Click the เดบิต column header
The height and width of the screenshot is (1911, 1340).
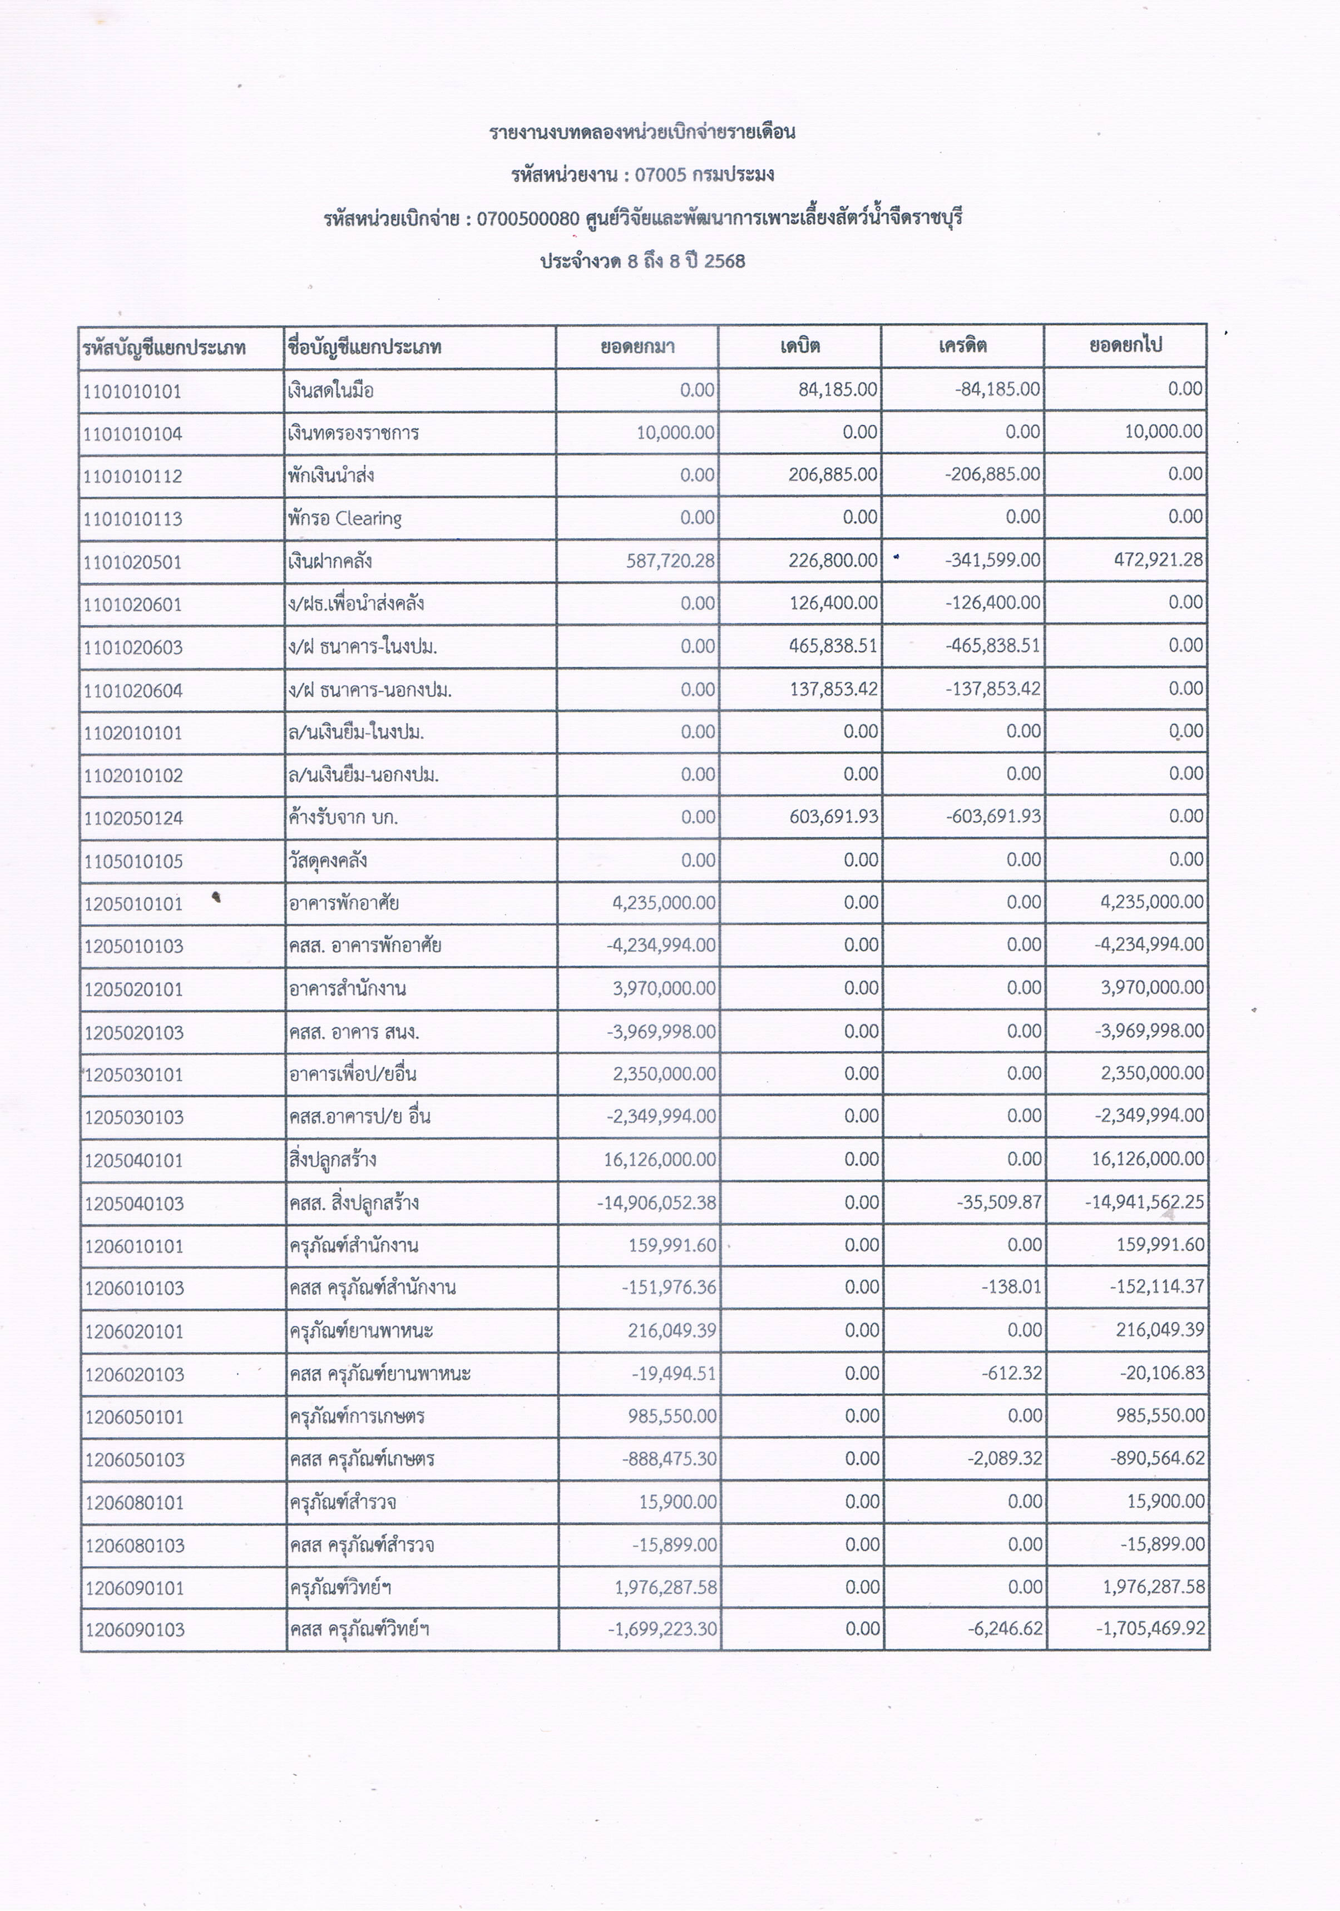click(800, 346)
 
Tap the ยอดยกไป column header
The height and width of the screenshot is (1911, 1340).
click(1125, 345)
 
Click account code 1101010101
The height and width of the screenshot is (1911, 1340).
click(132, 391)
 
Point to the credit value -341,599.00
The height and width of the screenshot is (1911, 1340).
click(992, 560)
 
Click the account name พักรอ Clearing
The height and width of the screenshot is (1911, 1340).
click(344, 518)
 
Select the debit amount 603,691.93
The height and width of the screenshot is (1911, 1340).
click(834, 816)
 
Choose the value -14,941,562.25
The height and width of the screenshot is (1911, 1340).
click(1144, 1202)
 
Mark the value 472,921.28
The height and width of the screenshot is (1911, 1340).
click(1159, 560)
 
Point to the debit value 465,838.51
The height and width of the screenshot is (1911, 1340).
click(833, 646)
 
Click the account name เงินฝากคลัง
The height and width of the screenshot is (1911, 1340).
click(330, 561)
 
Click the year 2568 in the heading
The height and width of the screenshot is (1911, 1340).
click(724, 261)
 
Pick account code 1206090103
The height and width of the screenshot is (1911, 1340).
click(135, 1630)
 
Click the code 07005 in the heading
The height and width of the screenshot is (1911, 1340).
click(660, 175)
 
